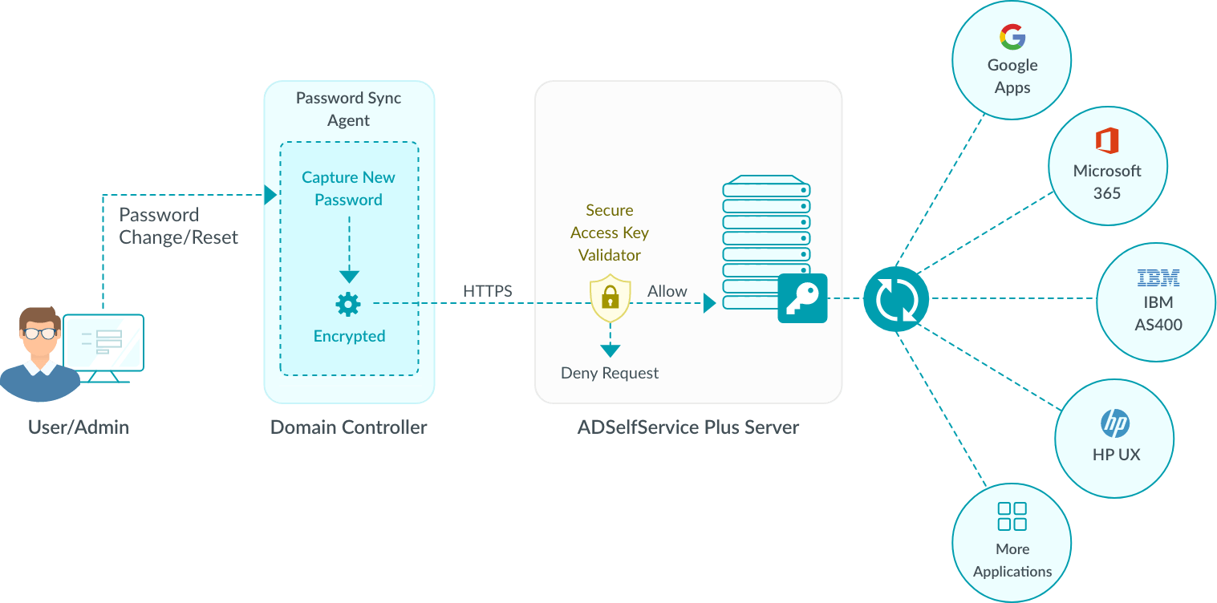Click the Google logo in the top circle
pyautogui.click(x=1012, y=37)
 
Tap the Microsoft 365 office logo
pyautogui.click(x=1107, y=141)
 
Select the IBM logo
pyautogui.click(x=1158, y=278)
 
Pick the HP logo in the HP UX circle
pyautogui.click(x=1115, y=423)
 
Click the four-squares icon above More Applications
pyautogui.click(x=1012, y=516)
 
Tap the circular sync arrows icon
pyautogui.click(x=896, y=299)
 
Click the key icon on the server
pyautogui.click(x=802, y=298)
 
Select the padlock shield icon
pyautogui.click(x=611, y=298)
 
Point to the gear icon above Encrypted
pyautogui.click(x=348, y=304)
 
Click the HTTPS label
pyautogui.click(x=487, y=291)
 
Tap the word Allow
pyautogui.click(x=667, y=291)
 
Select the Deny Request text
pyautogui.click(x=610, y=373)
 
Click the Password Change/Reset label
pyautogui.click(x=178, y=226)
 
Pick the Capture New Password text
pyautogui.click(x=348, y=188)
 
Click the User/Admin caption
pyautogui.click(x=79, y=427)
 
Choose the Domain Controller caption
pyautogui.click(x=349, y=427)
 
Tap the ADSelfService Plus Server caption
pyautogui.click(x=688, y=427)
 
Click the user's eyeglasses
pyautogui.click(x=39, y=333)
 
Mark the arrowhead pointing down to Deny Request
pyautogui.click(x=611, y=350)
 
